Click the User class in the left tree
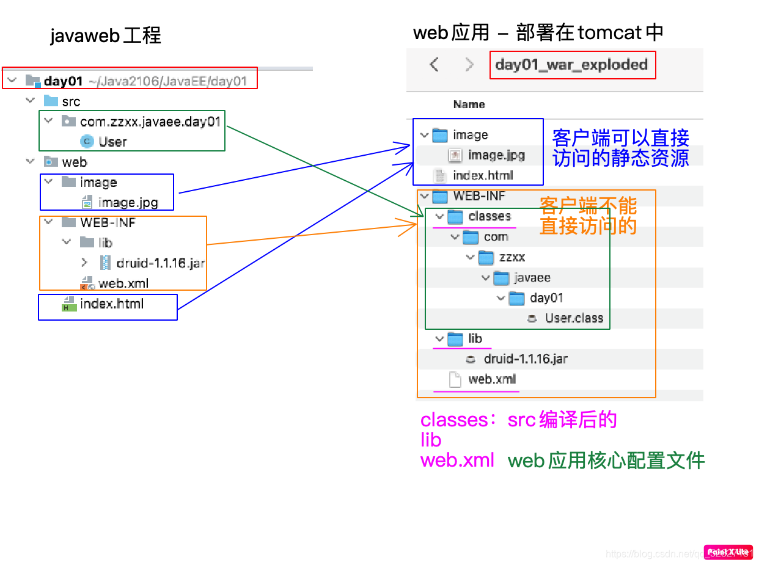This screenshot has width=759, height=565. (112, 142)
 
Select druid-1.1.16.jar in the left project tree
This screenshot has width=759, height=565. (161, 263)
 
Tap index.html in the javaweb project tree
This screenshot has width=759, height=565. (112, 304)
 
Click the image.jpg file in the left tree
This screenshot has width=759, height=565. (128, 202)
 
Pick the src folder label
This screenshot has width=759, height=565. (71, 101)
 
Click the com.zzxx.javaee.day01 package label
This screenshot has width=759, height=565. (150, 122)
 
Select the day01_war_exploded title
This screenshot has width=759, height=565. (571, 65)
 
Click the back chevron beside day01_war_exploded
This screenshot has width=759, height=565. (434, 65)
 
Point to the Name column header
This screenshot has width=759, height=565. (469, 104)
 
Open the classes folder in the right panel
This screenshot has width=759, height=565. (489, 216)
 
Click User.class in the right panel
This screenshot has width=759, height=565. (574, 318)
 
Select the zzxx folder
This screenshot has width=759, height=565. (512, 257)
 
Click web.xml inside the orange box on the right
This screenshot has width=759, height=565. (492, 379)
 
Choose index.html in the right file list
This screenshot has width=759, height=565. (483, 176)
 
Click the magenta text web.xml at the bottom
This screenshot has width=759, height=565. (457, 460)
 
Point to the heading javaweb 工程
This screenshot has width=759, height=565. (105, 36)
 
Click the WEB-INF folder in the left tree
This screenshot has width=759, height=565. (108, 223)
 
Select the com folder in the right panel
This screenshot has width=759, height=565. (496, 237)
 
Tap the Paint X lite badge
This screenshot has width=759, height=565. (728, 552)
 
